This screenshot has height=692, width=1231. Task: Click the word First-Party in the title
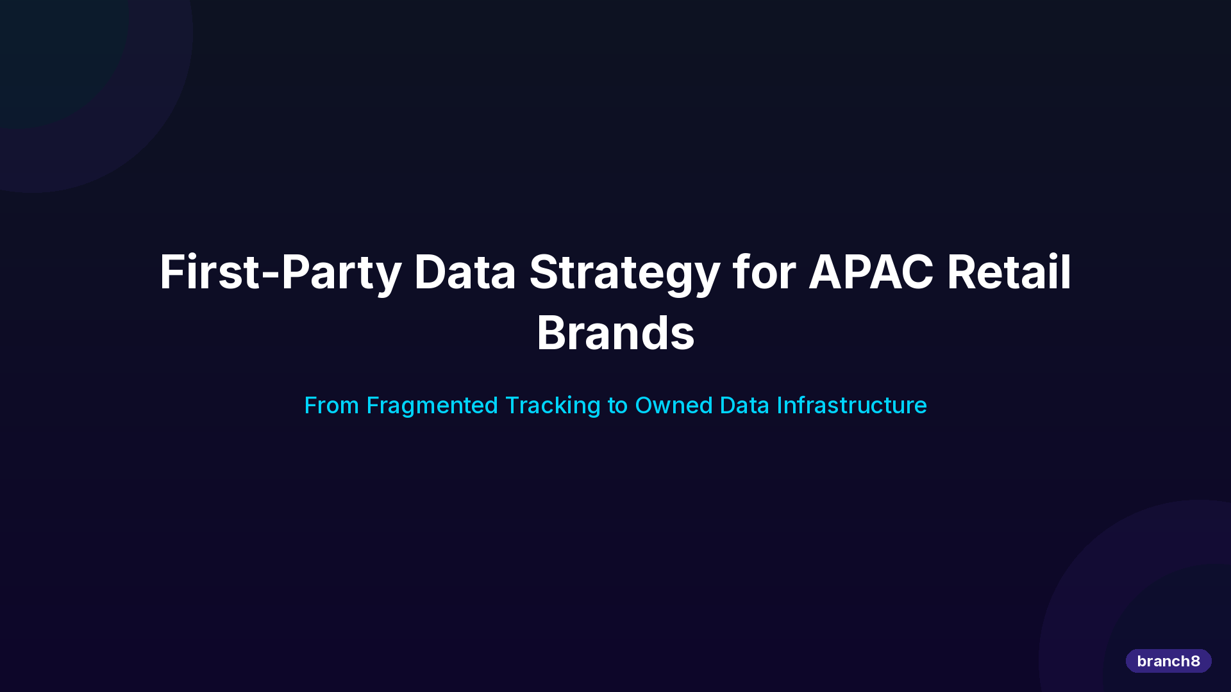tap(280, 272)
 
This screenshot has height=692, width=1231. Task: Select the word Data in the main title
tap(465, 272)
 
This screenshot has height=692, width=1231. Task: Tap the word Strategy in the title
tap(624, 272)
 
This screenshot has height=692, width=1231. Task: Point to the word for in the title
tap(764, 272)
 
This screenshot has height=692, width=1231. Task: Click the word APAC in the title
tap(871, 272)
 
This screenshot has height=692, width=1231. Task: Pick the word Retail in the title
tap(1009, 272)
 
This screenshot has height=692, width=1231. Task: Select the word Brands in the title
tap(615, 333)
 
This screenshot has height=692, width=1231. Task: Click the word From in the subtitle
tap(331, 406)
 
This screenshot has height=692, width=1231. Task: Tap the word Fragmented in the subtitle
tap(432, 406)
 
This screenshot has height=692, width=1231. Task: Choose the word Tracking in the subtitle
tap(553, 406)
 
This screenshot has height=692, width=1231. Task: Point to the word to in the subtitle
tap(617, 406)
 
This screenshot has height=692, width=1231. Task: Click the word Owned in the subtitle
tap(673, 406)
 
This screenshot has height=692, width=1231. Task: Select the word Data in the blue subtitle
tap(744, 406)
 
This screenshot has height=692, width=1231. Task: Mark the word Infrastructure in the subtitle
tap(851, 406)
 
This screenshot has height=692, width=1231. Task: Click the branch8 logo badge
tap(1168, 661)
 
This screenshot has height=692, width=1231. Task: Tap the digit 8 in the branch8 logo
tap(1195, 661)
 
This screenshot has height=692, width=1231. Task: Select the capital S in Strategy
tap(544, 272)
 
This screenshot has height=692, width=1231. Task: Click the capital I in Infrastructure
tap(779, 406)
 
